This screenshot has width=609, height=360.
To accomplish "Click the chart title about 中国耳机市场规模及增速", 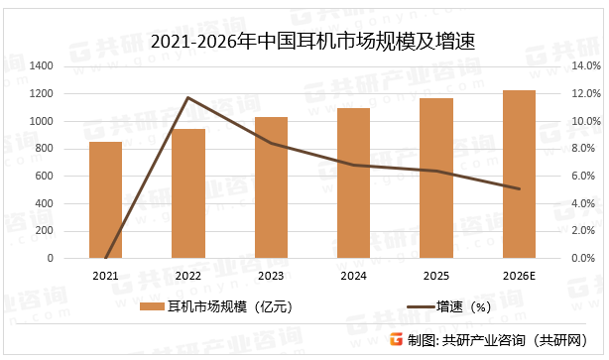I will [x=304, y=41].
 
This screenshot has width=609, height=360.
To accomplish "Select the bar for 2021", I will [x=105, y=200].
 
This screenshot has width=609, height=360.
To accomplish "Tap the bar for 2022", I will [x=188, y=193].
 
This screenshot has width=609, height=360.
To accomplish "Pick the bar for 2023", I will [x=271, y=187].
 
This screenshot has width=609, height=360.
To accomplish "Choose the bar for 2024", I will [x=353, y=183].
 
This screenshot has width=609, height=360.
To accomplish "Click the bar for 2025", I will [x=436, y=179].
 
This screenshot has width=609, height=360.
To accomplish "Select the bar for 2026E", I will [x=519, y=175].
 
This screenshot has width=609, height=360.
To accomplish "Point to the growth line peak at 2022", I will [x=188, y=97].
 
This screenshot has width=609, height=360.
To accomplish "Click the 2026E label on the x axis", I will [x=519, y=274].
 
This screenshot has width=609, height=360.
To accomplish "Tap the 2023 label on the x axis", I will [x=271, y=274].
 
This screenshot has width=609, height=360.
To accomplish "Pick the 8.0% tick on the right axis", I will [x=584, y=149].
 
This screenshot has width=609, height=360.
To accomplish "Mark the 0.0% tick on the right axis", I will [x=584, y=258].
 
